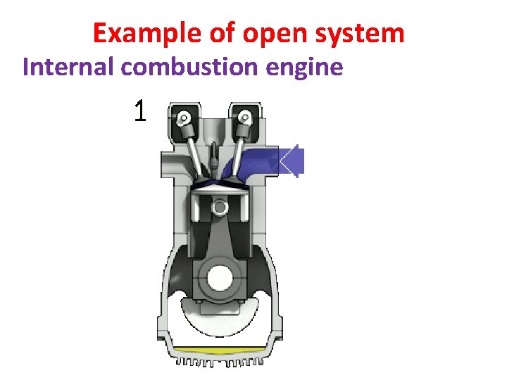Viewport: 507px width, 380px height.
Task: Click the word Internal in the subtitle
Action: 69,68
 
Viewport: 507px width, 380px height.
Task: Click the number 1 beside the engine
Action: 141,110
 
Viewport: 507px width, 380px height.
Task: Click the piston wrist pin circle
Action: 220,207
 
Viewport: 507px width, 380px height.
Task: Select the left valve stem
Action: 196,151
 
